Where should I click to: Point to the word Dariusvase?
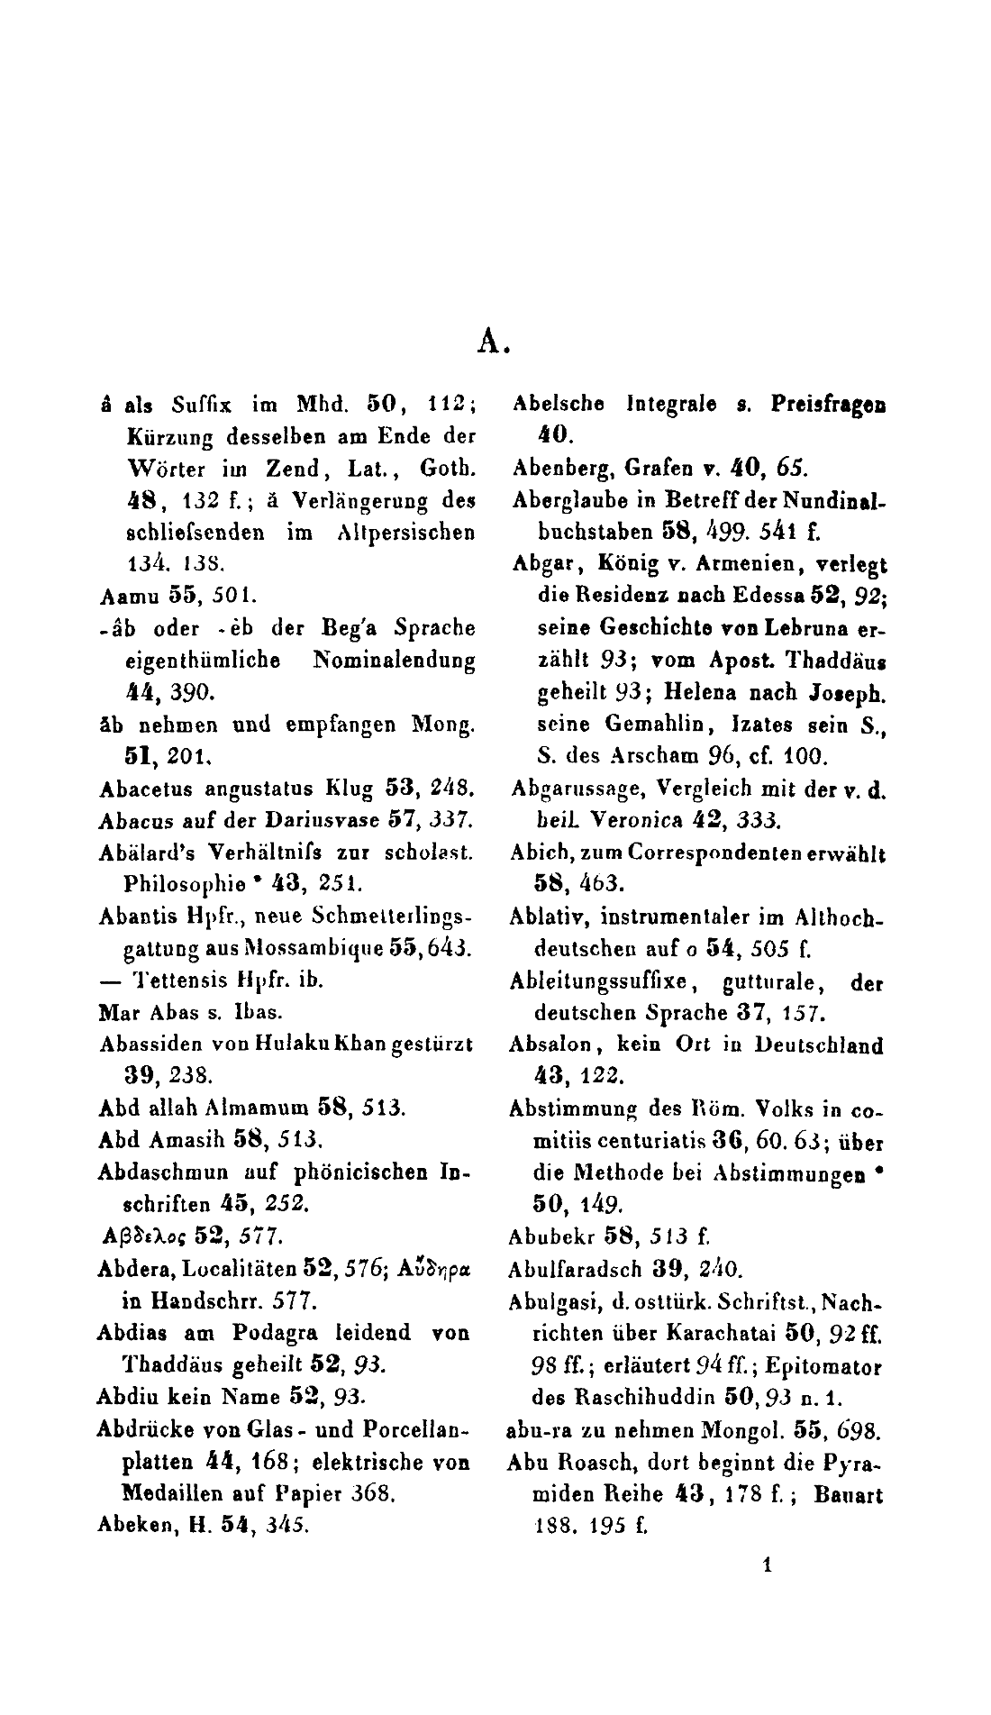[308, 821]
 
